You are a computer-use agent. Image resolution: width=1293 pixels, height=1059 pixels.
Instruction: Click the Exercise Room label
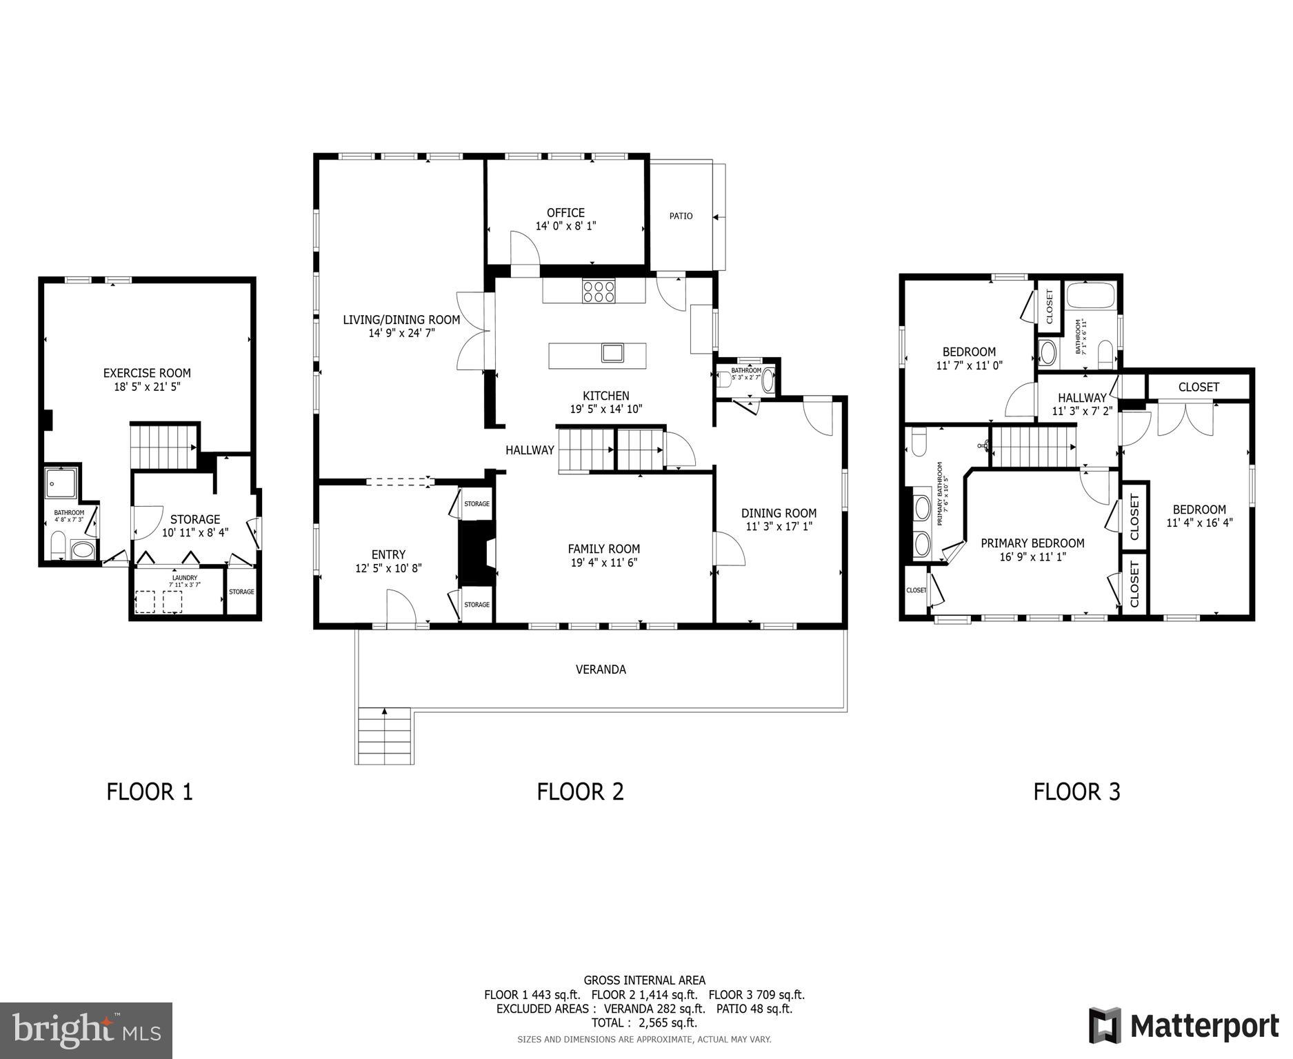pos(147,373)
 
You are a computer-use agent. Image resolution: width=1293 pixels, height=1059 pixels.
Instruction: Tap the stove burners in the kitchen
pos(598,292)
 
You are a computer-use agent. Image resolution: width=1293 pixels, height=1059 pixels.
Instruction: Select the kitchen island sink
pos(612,353)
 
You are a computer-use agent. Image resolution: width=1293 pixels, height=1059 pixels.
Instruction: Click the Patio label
pos(681,216)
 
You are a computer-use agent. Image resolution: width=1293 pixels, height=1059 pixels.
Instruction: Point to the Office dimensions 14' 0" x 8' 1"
pos(565,225)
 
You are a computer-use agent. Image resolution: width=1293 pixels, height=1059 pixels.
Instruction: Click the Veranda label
pos(601,669)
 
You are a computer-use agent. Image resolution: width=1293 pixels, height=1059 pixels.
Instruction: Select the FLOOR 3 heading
pos(1076,791)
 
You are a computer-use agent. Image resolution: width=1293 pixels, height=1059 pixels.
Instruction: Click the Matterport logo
pos(1183,1026)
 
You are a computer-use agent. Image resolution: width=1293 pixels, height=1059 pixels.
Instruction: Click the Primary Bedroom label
pos(1032,543)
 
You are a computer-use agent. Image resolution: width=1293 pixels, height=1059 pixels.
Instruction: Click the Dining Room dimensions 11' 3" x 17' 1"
pos(779,527)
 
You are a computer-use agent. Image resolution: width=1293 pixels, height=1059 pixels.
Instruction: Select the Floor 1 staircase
pos(163,446)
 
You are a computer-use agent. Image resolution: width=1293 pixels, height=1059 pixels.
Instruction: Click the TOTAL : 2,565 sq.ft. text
pos(643,1023)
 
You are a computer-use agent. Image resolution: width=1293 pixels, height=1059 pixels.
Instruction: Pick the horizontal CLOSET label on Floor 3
pos(1199,387)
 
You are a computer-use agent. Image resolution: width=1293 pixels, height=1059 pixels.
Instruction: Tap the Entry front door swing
pos(400,608)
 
